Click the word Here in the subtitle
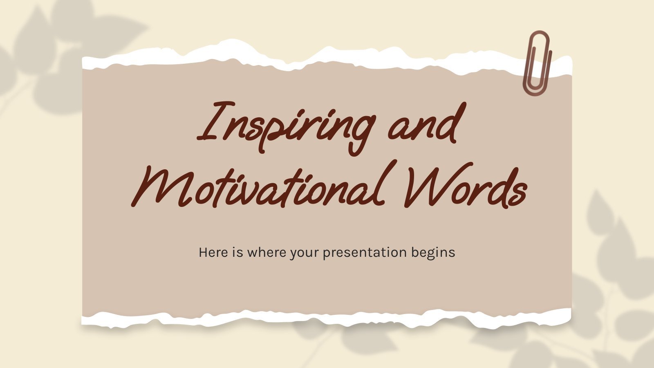coord(213,252)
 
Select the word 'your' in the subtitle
coord(304,254)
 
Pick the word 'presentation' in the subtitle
coord(365,254)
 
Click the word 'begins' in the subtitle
coord(433,254)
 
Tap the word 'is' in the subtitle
coord(237,252)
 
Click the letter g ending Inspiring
coord(361,133)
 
